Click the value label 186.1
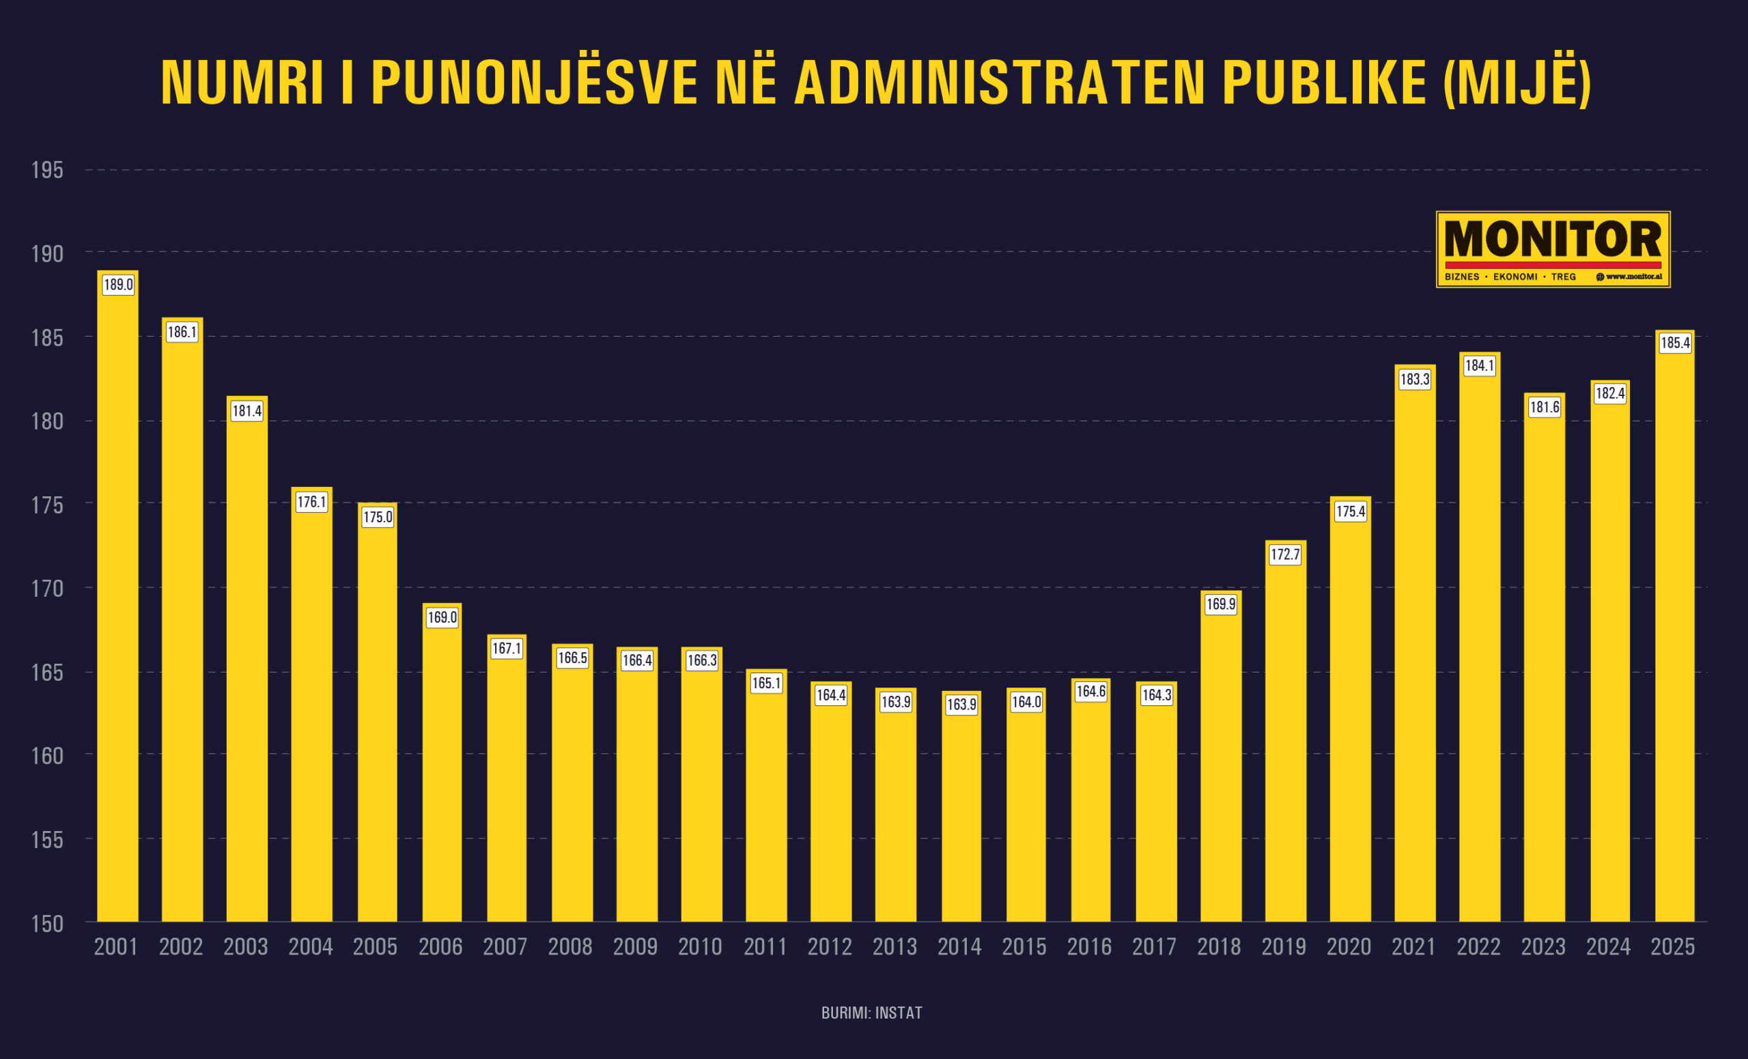click(182, 332)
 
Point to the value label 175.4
click(1350, 511)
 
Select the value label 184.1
click(1479, 366)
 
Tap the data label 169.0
click(442, 618)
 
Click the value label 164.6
click(1090, 692)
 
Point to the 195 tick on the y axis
click(48, 171)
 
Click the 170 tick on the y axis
click(48, 589)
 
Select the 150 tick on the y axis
click(48, 924)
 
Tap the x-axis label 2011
click(765, 947)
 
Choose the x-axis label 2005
click(376, 947)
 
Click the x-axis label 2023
click(1543, 947)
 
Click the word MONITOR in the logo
click(1553, 240)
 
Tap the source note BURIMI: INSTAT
click(872, 1013)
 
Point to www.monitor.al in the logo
click(1633, 277)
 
